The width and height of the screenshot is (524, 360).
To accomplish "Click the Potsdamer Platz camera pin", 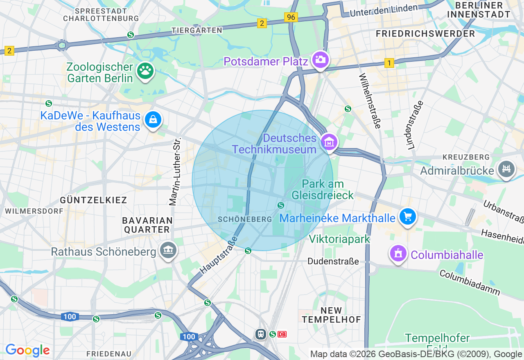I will click(x=320, y=60).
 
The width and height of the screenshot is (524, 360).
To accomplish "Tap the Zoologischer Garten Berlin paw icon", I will click(x=145, y=71).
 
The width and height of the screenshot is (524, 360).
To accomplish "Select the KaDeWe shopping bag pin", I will click(x=153, y=119).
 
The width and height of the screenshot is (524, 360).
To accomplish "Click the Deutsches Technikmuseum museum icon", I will click(x=329, y=142).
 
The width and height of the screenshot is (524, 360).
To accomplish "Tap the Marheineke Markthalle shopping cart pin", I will click(x=407, y=217).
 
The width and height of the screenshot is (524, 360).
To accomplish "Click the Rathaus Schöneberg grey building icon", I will click(x=167, y=250).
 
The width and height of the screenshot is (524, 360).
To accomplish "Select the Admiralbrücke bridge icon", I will click(x=506, y=169).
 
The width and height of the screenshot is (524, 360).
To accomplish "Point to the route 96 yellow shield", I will click(x=291, y=17).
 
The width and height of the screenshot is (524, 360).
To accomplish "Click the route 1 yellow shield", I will click(x=389, y=63).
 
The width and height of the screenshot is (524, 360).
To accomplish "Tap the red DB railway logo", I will click(x=282, y=334).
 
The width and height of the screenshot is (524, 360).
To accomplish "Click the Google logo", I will click(x=27, y=350).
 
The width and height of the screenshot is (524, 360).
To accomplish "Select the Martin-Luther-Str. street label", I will click(x=176, y=172).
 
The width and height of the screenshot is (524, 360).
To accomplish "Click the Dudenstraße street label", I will click(x=333, y=261).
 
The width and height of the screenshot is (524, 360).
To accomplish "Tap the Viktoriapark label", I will click(x=339, y=239).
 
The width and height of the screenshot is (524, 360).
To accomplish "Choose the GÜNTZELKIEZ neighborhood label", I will click(x=93, y=200).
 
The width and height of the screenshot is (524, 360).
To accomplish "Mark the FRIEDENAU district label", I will click(x=108, y=353).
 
